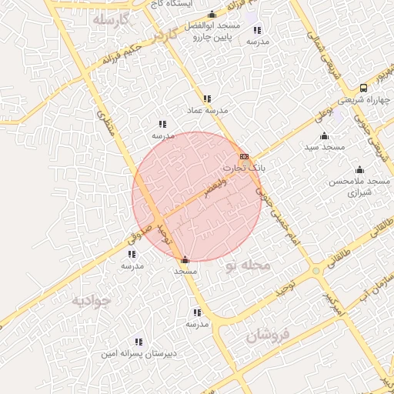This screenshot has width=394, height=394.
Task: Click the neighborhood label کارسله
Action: click(x=112, y=18)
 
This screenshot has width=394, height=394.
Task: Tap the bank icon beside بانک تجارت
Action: click(x=244, y=156)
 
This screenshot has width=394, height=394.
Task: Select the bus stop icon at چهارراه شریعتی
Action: click(x=363, y=88)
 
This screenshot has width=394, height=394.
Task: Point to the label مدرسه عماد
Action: click(x=207, y=111)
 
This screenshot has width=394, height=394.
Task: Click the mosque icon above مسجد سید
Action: click(x=325, y=136)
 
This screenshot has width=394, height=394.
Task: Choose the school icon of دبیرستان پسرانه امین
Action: click(x=139, y=342)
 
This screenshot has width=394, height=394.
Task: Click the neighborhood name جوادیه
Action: click(x=92, y=300)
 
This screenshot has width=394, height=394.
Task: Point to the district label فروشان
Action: click(x=268, y=335)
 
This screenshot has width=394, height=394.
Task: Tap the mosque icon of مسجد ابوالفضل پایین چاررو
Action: click(x=212, y=15)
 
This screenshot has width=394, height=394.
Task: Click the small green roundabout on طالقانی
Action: click(x=316, y=271)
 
